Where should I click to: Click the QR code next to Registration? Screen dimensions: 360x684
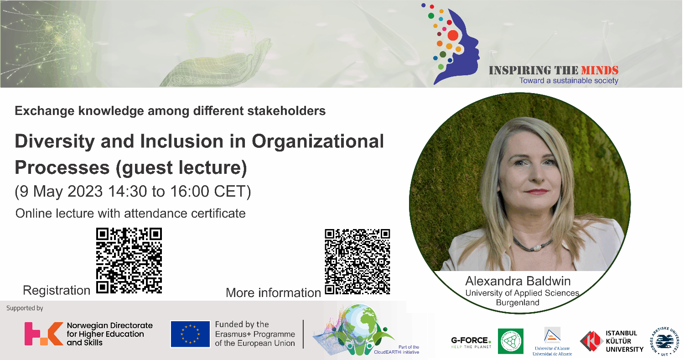coord(130,261)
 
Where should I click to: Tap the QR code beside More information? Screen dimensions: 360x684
coord(358,261)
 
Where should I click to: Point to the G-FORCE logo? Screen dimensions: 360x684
coord(471,341)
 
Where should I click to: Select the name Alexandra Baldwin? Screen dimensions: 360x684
coord(518,281)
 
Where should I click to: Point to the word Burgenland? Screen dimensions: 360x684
coord(518,302)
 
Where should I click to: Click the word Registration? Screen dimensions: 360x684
coord(57,290)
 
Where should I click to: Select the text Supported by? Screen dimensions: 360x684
coord(25,308)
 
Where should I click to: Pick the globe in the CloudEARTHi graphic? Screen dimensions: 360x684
coord(360,322)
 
